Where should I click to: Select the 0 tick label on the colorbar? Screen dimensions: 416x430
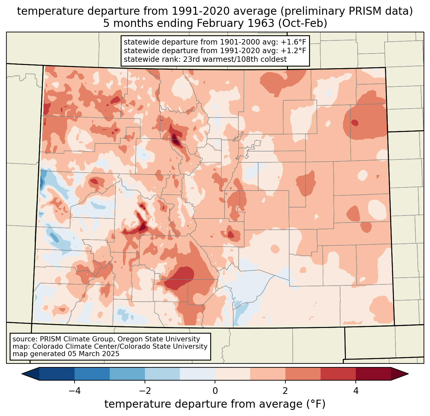215,391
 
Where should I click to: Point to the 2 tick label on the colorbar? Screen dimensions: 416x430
285,391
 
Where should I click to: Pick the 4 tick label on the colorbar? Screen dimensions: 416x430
356,391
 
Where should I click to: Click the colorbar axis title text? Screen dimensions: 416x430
215,404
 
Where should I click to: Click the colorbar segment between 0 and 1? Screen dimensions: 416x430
233,374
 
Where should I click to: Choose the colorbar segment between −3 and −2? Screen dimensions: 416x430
127,374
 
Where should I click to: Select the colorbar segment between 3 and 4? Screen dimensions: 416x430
338,374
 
